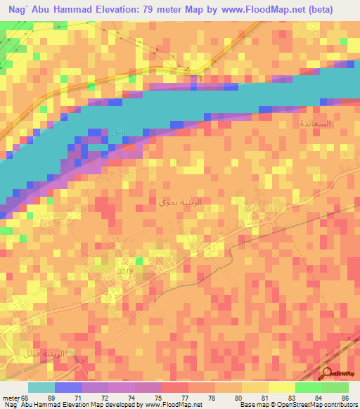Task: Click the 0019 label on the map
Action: click(x=124, y=270)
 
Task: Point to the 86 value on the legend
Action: click(x=345, y=397)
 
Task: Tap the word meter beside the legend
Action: click(x=11, y=397)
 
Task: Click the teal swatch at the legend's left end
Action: click(x=42, y=387)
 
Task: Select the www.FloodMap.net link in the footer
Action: click(x=173, y=405)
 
